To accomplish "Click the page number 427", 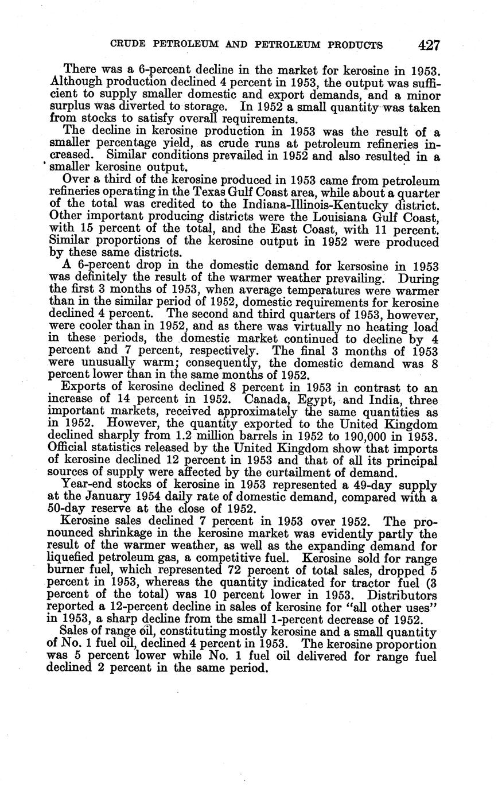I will pyautogui.click(x=429, y=45).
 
